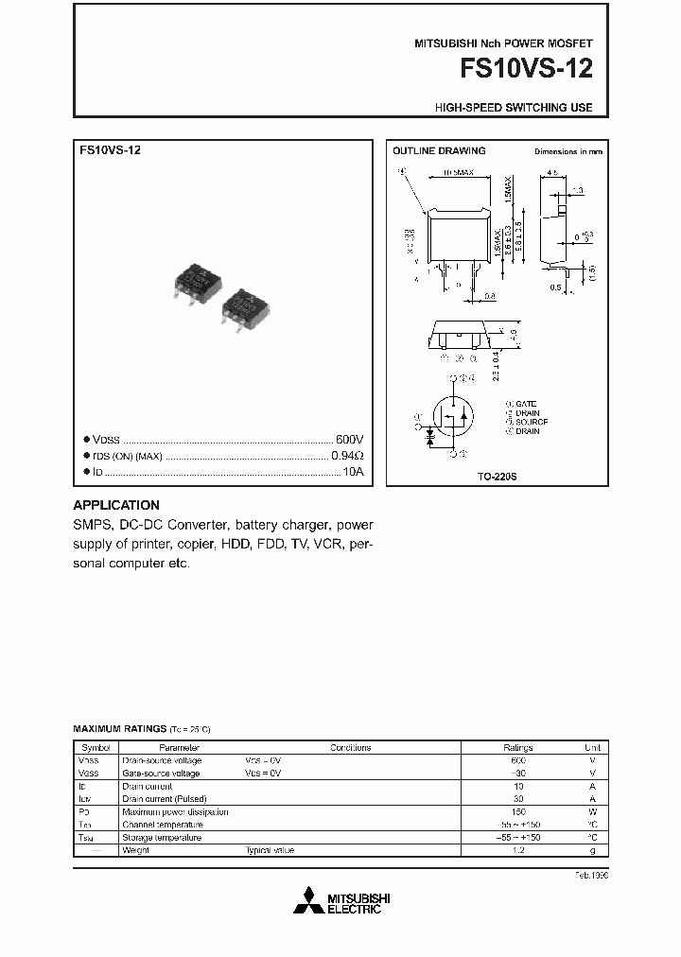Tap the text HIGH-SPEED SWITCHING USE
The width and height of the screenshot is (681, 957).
tap(514, 108)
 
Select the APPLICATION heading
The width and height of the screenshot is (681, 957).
tap(116, 505)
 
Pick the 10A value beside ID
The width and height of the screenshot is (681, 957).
tap(353, 471)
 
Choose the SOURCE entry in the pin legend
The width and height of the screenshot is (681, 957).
tap(531, 422)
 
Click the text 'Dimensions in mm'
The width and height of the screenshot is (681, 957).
tap(567, 151)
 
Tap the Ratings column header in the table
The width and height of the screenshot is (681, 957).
tap(517, 747)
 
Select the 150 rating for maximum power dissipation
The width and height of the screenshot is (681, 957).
tap(517, 811)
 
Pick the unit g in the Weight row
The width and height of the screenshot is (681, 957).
tap(593, 850)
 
